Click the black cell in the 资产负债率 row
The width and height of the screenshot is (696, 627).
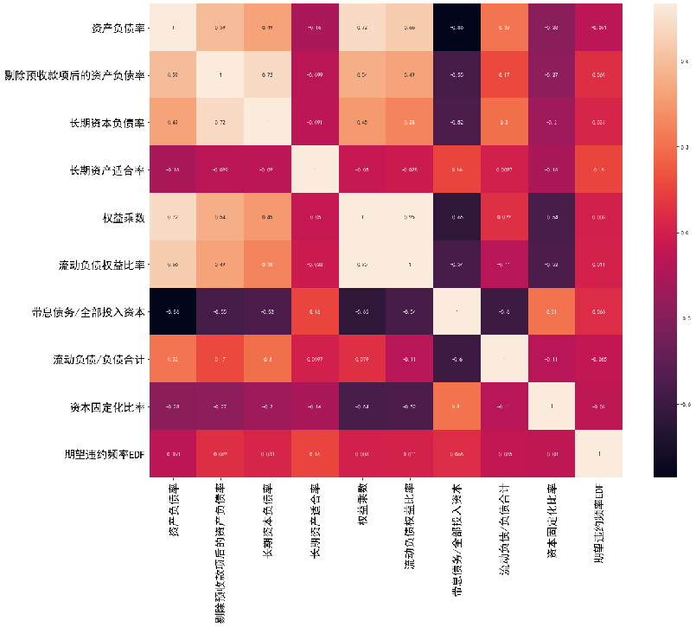(457, 28)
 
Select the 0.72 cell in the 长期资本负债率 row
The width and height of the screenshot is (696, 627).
(220, 122)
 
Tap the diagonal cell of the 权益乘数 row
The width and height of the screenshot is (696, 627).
(362, 216)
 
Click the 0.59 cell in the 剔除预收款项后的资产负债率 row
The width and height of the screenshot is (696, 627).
(172, 74)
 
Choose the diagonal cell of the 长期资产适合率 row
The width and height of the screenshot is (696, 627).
(315, 170)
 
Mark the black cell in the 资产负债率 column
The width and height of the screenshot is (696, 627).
(172, 310)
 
